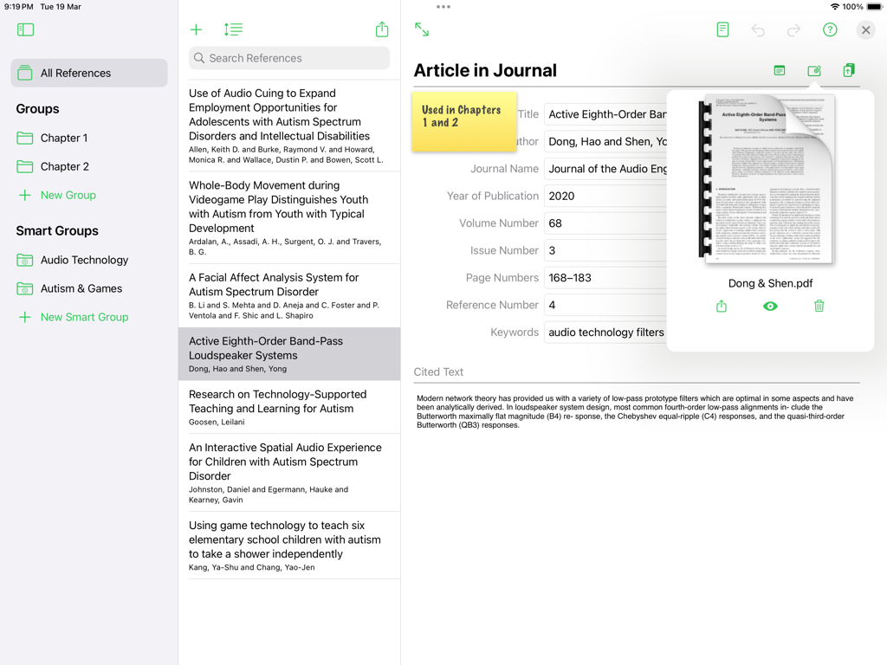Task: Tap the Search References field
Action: (289, 58)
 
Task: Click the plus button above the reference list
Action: (197, 30)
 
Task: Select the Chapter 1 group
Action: (64, 138)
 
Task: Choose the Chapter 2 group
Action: (65, 166)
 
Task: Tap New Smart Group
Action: (83, 317)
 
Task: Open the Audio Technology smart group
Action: (84, 260)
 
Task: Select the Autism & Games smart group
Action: (81, 288)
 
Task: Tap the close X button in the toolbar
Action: (865, 30)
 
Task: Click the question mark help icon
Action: (830, 30)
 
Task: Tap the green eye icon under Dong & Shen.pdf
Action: (770, 306)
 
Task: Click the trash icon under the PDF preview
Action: (819, 306)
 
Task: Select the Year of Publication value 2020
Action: (605, 196)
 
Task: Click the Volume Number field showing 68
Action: (605, 223)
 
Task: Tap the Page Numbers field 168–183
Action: (605, 278)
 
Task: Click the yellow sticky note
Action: (463, 121)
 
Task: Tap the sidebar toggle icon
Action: (25, 30)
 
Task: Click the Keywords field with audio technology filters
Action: (605, 332)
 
